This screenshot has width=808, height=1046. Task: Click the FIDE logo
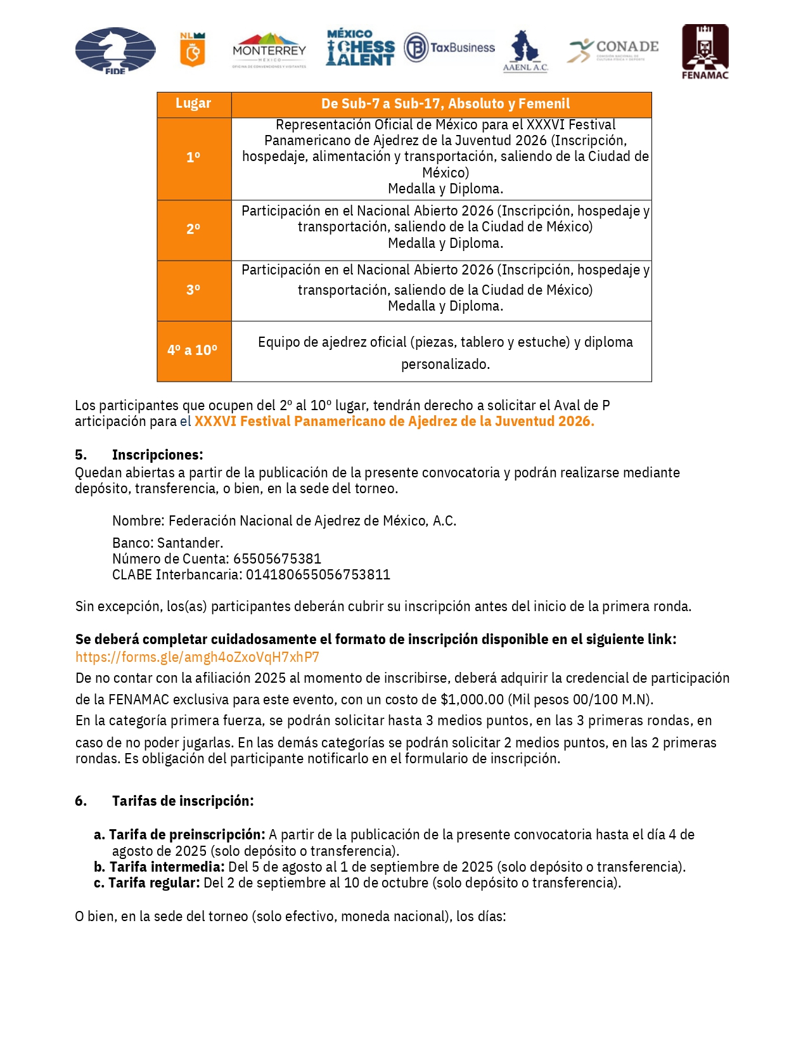115,51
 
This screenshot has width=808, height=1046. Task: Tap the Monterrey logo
269,50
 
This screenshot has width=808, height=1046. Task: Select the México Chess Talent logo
360,48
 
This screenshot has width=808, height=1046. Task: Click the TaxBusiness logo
449,48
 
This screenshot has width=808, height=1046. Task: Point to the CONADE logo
613,50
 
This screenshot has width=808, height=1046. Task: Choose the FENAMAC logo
705,52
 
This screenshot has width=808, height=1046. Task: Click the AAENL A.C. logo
525,51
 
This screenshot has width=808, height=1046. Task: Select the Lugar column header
193,104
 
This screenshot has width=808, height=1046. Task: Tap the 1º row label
193,158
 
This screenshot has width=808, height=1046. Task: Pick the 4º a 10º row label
193,351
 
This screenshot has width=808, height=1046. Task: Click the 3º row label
193,290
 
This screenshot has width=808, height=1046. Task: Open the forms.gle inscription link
197,657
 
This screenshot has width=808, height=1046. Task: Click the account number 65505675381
277,559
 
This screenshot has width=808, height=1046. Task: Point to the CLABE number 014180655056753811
317,575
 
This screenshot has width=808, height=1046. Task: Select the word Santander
189,543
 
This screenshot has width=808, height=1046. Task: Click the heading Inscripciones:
157,455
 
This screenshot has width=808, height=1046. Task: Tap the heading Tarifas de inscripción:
183,801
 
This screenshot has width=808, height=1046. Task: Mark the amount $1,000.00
472,700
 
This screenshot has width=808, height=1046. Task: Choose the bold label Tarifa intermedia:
167,867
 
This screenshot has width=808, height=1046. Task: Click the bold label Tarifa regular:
154,883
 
